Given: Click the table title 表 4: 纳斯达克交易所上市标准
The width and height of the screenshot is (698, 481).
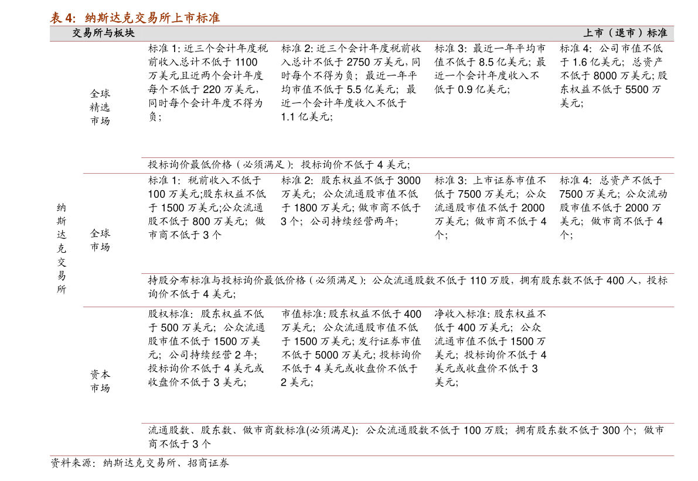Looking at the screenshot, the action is [x=135, y=18].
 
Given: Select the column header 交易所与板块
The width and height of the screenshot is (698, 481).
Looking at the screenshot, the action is [x=103, y=33].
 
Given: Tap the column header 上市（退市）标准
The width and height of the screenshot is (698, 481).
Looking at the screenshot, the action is [x=625, y=33].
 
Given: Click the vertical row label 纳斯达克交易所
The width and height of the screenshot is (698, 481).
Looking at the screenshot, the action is [x=62, y=248].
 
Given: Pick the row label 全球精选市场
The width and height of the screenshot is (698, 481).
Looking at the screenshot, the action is [x=100, y=107].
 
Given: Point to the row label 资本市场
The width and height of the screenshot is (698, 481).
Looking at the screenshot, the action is [x=100, y=381].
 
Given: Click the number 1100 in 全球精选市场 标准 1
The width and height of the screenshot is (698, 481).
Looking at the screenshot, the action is [x=246, y=62].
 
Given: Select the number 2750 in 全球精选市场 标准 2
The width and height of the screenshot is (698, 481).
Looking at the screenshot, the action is [x=358, y=62].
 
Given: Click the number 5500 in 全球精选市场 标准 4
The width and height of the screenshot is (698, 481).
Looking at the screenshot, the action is [x=637, y=90].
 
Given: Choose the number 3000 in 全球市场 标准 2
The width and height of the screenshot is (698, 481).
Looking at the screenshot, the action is [x=409, y=180].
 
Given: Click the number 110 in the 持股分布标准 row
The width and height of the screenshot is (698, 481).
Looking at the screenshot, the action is [x=478, y=280].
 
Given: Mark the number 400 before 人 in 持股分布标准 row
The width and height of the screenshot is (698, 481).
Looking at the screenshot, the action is [x=615, y=280].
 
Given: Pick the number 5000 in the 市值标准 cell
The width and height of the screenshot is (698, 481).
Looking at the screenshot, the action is [x=326, y=355].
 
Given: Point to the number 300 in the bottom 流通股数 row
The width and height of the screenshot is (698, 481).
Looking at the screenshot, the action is [x=611, y=430].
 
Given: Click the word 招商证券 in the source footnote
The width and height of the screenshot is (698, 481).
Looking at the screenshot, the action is [x=208, y=463].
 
